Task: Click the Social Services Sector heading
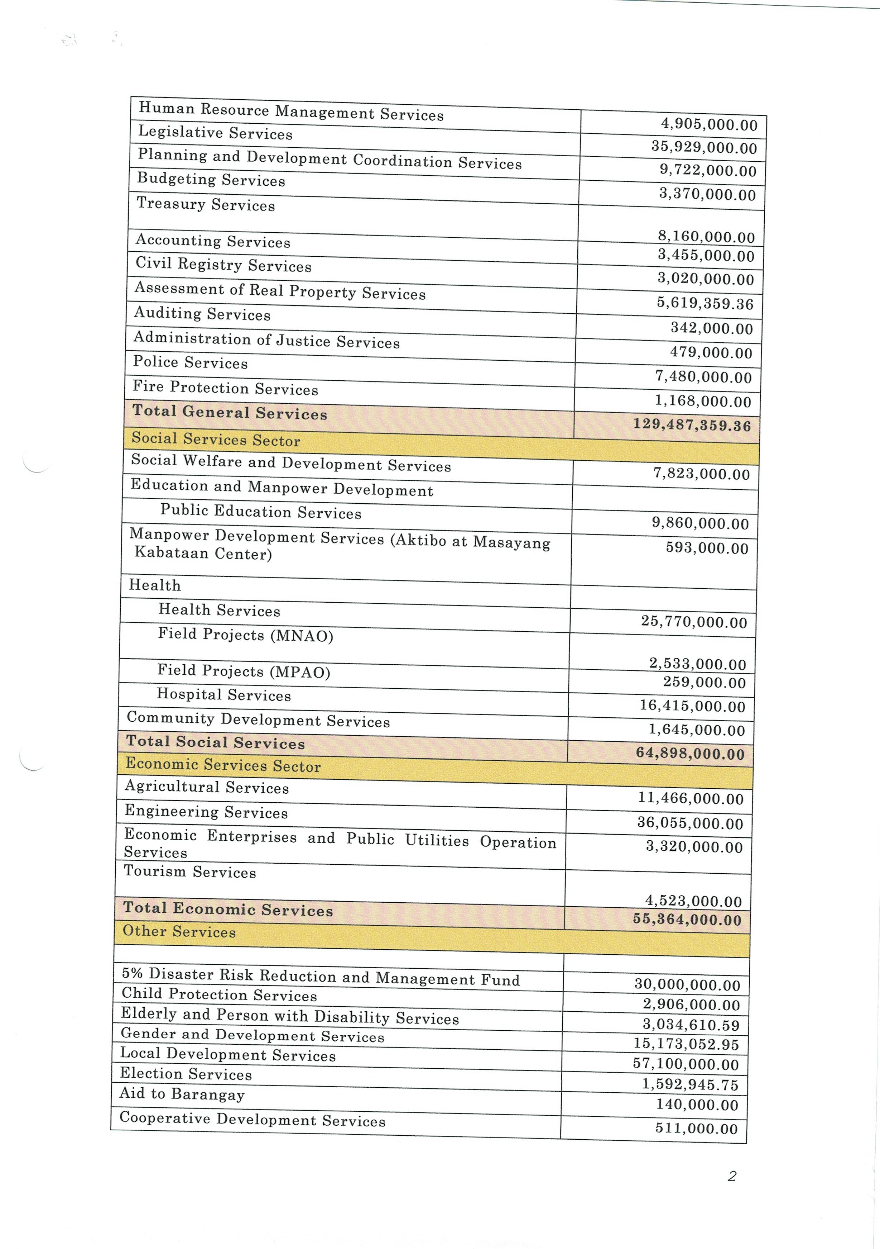click(x=215, y=439)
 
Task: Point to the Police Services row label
click(x=190, y=362)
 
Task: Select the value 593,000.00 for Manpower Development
click(x=707, y=548)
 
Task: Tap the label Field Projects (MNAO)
click(x=245, y=635)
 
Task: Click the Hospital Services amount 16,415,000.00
click(x=692, y=706)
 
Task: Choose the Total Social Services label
click(x=215, y=742)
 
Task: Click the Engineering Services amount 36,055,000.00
click(x=690, y=823)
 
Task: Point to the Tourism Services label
click(x=190, y=872)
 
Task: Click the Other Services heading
click(x=179, y=931)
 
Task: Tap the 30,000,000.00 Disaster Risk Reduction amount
click(x=687, y=985)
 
